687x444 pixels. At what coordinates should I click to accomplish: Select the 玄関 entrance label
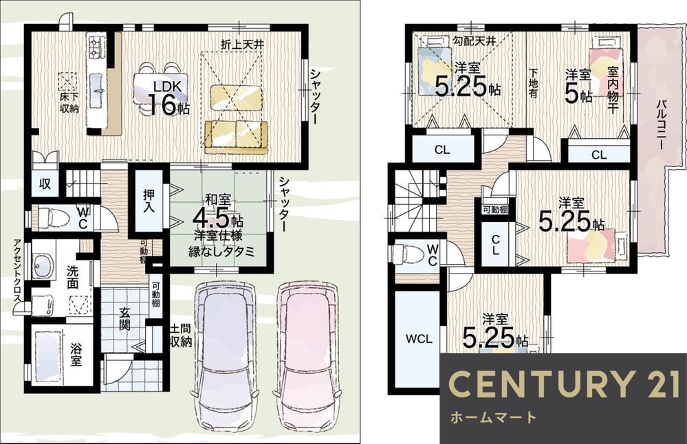pyautogui.click(x=124, y=319)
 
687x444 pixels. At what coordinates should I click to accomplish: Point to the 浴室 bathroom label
pyautogui.click(x=76, y=355)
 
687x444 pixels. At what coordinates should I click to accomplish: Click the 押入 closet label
pyautogui.click(x=149, y=201)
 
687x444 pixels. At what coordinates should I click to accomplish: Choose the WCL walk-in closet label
pyautogui.click(x=418, y=338)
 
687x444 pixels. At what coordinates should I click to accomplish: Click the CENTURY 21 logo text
pyautogui.click(x=563, y=384)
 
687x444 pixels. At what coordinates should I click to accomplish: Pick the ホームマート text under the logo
pyautogui.click(x=493, y=417)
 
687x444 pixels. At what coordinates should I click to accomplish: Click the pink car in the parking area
pyautogui.click(x=306, y=356)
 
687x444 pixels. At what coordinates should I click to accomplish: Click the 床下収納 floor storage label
pyautogui.click(x=69, y=103)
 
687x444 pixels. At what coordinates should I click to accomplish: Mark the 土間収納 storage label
pyautogui.click(x=180, y=335)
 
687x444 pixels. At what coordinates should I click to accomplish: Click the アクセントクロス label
pyautogui.click(x=17, y=270)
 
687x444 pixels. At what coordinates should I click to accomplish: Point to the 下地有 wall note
pyautogui.click(x=533, y=83)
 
